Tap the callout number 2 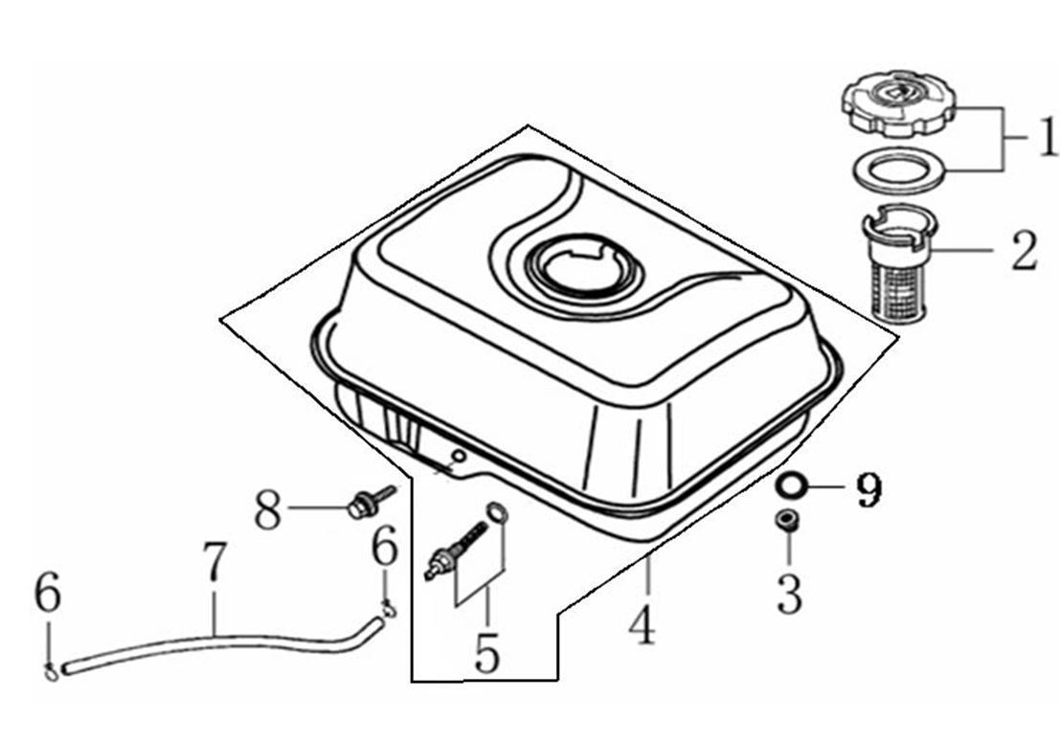(1023, 251)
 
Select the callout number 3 (789, 595)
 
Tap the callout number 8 (269, 510)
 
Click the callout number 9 (868, 489)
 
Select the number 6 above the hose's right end (385, 550)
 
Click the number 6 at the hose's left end (47, 595)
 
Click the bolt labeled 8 (368, 503)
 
